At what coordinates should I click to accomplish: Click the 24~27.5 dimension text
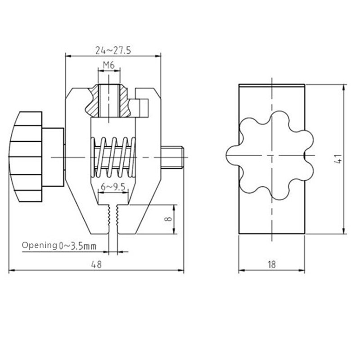(113, 50)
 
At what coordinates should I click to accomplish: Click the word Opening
(39, 246)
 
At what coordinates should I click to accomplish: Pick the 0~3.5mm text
(77, 246)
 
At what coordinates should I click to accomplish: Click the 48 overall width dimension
(96, 265)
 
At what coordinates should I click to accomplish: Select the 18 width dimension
(271, 265)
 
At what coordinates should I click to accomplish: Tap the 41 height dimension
(338, 159)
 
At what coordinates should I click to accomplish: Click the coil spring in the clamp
(114, 157)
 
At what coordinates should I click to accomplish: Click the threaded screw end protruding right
(173, 157)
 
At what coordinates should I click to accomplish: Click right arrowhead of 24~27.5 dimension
(158, 56)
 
